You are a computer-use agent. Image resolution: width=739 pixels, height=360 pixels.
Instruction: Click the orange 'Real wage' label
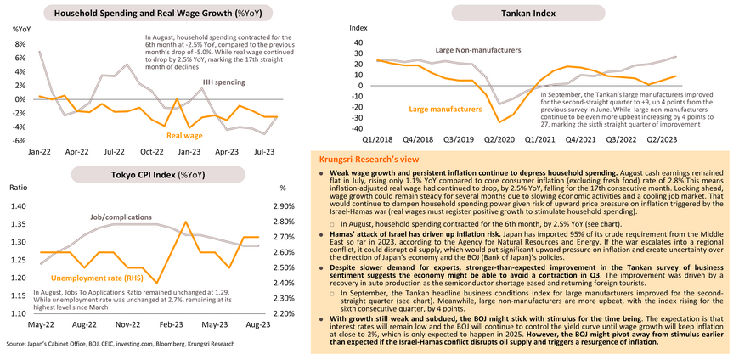pos(183,135)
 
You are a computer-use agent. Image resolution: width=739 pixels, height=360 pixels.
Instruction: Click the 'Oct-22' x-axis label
pos(151,152)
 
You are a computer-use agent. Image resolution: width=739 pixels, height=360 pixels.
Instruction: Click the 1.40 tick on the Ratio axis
pos(17,206)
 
